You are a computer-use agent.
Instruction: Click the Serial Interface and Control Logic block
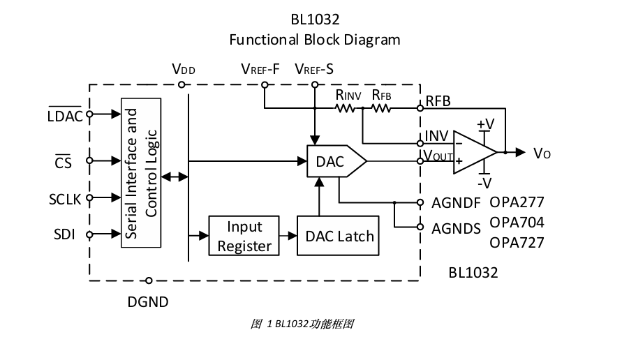[142, 172]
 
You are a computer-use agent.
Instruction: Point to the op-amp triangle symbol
[473, 151]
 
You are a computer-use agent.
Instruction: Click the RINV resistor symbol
[348, 108]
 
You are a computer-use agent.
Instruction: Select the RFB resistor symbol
[380, 108]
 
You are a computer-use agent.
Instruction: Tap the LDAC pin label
[65, 115]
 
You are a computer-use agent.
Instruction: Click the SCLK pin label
[65, 199]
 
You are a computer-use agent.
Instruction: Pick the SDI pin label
[65, 233]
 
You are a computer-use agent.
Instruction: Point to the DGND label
[148, 302]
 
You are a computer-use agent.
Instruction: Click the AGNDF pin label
[456, 203]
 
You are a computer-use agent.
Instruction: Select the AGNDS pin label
[456, 227]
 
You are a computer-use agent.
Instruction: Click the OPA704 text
[517, 223]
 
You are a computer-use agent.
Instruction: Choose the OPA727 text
[517, 243]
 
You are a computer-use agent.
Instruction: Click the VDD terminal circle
[182, 85]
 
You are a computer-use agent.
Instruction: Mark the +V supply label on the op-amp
[485, 124]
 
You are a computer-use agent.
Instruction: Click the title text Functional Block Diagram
[315, 39]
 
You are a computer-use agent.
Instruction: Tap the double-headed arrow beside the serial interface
[174, 178]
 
